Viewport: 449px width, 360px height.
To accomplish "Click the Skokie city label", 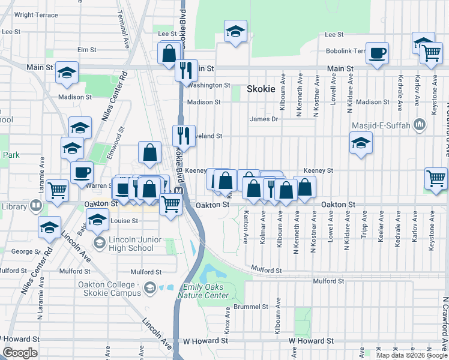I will tap(261, 89).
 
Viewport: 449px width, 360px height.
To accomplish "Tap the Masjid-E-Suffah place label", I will tap(383, 125).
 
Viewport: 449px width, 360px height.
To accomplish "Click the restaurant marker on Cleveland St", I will tap(184, 136).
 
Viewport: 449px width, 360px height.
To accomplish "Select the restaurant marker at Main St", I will tap(187, 70).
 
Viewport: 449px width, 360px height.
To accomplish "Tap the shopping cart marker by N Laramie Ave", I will tap(58, 191).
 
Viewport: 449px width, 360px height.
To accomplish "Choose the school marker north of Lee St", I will tap(236, 32).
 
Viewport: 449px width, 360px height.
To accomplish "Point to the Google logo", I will tap(20, 353).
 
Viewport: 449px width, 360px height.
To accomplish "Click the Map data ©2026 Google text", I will tap(411, 355).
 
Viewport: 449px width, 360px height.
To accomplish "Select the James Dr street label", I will tap(265, 119).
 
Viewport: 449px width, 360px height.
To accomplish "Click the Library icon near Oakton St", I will tap(36, 206).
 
